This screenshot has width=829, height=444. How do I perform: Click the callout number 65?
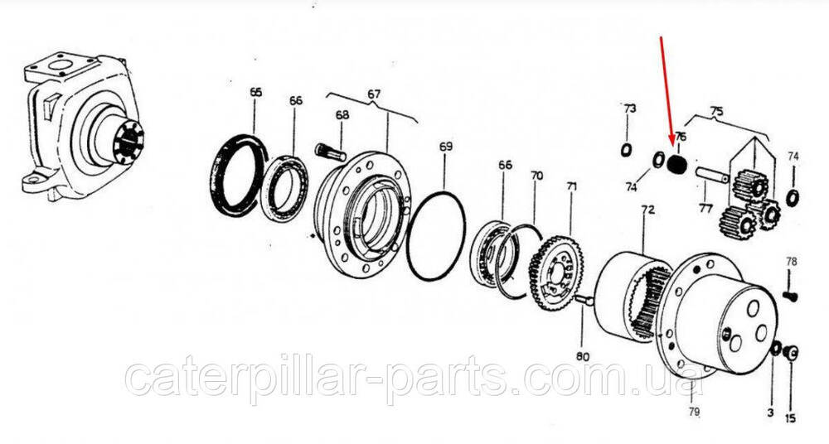point(255,93)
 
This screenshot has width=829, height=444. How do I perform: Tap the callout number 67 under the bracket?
point(374,94)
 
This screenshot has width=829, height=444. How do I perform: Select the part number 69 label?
point(446,147)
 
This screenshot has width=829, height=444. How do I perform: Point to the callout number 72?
point(647,210)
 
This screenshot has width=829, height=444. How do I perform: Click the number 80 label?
point(582,357)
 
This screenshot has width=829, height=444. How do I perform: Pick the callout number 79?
point(694,411)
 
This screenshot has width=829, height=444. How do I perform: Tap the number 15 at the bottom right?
point(790,418)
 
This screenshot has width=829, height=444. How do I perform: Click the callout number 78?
point(792,262)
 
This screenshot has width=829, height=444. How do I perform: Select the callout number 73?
point(629,109)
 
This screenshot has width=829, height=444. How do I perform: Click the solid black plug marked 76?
point(676,165)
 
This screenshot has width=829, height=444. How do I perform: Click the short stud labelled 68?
point(330,152)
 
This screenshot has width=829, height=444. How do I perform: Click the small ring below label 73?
point(626,150)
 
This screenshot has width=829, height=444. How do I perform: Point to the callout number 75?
point(716,112)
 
